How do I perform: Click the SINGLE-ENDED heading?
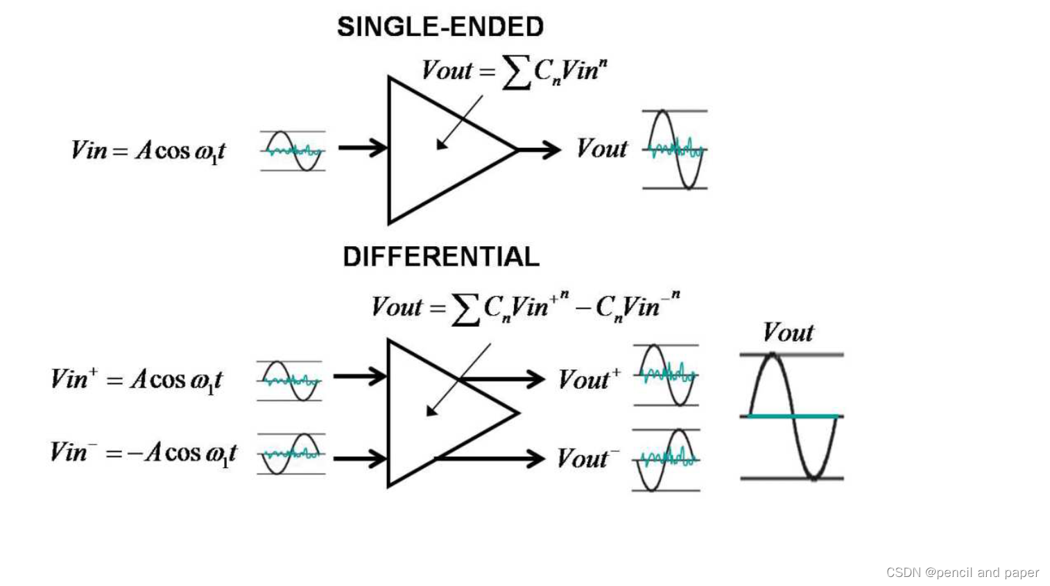[x=440, y=27]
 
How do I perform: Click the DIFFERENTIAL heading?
[x=440, y=257]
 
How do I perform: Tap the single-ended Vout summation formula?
[x=514, y=71]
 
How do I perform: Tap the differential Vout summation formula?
[x=525, y=307]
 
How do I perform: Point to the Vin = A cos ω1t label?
[x=148, y=150]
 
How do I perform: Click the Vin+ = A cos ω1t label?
[x=136, y=379]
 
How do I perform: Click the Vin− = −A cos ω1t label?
[x=143, y=453]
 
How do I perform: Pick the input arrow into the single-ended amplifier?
[x=362, y=148]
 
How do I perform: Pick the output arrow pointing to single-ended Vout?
[x=540, y=149]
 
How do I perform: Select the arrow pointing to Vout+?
[x=503, y=379]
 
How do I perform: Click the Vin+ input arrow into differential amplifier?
[x=359, y=377]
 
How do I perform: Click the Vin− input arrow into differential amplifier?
[x=359, y=458]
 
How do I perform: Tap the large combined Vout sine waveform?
[x=792, y=416]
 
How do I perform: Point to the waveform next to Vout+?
[x=666, y=375]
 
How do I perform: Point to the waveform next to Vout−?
[x=666, y=460]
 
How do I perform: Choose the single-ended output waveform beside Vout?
[x=675, y=149]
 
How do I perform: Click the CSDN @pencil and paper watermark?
[x=962, y=572]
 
